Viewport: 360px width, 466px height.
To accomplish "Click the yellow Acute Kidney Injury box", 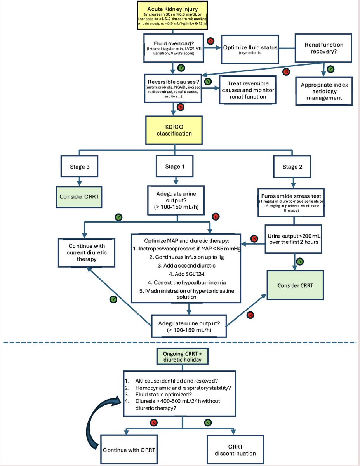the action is click(x=172, y=16).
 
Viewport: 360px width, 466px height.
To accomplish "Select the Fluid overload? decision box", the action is click(x=174, y=48).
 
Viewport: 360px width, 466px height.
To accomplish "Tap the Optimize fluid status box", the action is click(x=250, y=49).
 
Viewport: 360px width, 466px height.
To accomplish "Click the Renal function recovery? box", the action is click(x=323, y=48).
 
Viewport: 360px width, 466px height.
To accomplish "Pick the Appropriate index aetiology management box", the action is click(x=324, y=91).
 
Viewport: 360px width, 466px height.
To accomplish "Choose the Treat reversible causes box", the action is click(x=248, y=90).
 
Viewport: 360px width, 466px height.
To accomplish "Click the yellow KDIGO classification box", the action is click(x=174, y=130).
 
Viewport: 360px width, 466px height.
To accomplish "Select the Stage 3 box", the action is click(x=79, y=167).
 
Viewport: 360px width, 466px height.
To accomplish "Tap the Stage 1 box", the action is click(x=174, y=166).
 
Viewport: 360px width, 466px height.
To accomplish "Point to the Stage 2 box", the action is click(x=292, y=167).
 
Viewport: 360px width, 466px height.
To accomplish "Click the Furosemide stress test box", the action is click(x=291, y=203).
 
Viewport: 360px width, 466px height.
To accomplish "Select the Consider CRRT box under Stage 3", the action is click(x=79, y=197).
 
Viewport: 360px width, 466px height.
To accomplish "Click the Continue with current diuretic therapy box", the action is click(x=87, y=253).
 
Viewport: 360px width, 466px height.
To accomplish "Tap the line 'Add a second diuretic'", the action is click(x=186, y=266).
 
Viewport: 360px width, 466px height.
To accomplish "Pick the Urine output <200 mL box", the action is click(x=293, y=239).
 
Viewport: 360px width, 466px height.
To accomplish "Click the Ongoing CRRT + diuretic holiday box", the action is click(x=183, y=356).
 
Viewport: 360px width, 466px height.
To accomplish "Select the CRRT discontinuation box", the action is click(x=235, y=450).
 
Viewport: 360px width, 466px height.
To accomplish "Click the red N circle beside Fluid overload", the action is click(x=210, y=41).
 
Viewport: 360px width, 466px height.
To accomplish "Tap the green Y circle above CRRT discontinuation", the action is click(x=208, y=423).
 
